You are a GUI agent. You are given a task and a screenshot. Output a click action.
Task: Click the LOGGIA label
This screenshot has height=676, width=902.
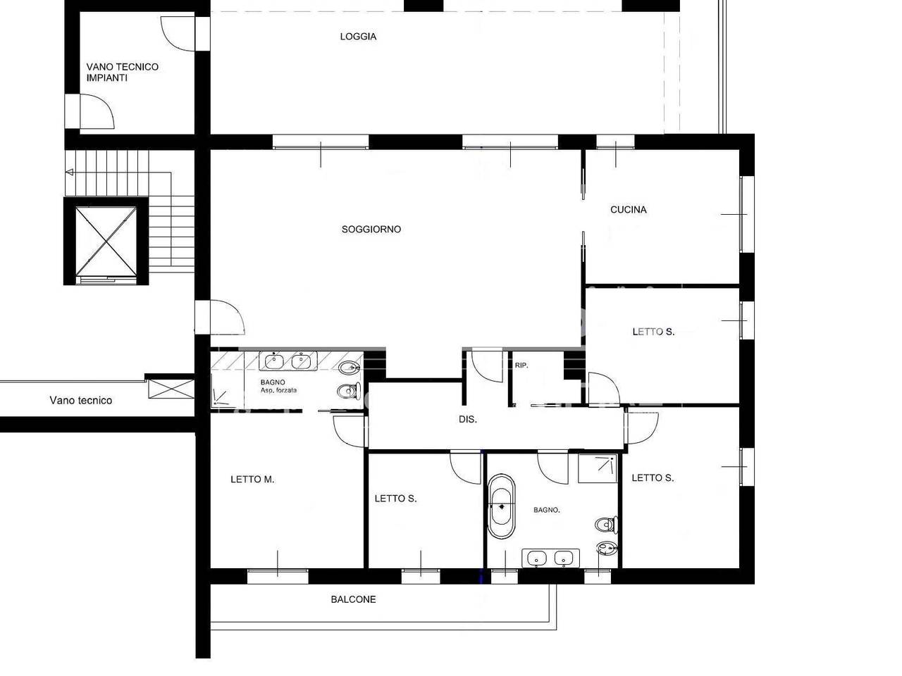click(358, 37)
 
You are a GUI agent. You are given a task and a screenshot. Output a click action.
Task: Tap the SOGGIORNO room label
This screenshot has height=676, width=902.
click(371, 229)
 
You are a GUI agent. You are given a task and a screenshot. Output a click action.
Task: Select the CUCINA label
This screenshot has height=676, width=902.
click(629, 210)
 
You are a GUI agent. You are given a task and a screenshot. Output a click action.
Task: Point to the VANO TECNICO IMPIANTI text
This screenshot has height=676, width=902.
click(122, 73)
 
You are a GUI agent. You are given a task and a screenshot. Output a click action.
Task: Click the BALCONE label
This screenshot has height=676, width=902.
click(354, 599)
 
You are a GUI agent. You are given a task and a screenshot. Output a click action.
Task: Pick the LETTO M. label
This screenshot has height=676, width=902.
click(252, 479)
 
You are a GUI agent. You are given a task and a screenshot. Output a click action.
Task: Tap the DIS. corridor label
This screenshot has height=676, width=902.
click(468, 419)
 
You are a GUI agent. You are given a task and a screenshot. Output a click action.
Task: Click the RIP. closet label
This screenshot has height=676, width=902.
click(521, 365)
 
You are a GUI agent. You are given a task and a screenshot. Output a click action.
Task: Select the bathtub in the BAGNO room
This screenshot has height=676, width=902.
click(501, 506)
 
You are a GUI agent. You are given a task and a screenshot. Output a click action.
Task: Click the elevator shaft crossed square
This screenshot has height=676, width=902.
click(106, 241)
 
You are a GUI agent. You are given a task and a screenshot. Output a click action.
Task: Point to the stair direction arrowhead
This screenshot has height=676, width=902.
click(70, 173)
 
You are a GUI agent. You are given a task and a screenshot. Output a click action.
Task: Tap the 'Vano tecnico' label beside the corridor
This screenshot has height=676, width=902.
click(80, 400)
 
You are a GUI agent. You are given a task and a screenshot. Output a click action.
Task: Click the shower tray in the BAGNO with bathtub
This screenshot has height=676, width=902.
click(598, 468)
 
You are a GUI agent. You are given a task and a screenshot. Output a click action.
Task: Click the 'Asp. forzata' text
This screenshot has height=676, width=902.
click(278, 390)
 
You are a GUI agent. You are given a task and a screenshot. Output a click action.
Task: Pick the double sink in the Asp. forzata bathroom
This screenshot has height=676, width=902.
click(288, 361)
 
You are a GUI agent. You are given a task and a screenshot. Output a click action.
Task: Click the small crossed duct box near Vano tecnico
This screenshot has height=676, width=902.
click(171, 389)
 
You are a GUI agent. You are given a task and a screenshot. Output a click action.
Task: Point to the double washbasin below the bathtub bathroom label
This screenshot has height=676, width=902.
click(550, 558)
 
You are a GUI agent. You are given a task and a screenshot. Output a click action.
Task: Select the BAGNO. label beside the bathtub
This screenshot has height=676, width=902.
click(547, 510)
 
